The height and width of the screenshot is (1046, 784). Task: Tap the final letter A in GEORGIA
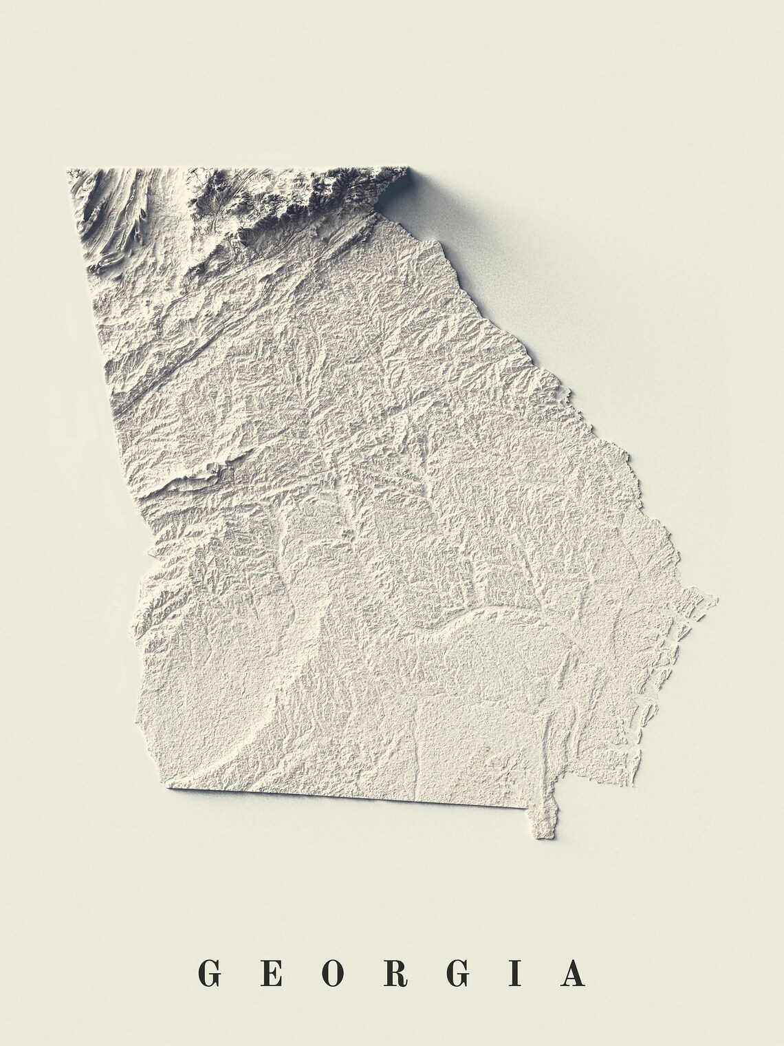572,973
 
